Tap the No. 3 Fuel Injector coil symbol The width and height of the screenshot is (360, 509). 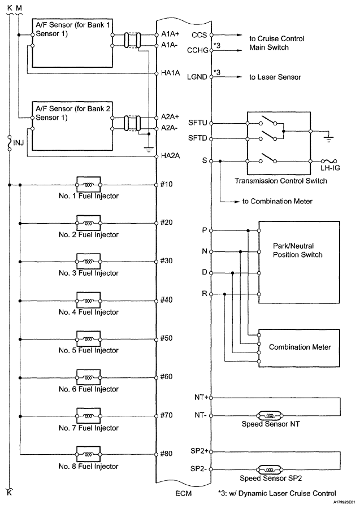click(88, 262)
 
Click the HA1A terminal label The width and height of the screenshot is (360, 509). click(169, 73)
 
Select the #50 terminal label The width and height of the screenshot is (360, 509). click(166, 338)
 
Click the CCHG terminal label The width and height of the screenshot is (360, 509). click(197, 50)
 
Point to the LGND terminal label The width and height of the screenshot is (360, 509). click(198, 76)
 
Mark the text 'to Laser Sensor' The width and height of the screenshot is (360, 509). click(275, 76)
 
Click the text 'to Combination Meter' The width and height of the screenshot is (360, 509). click(274, 201)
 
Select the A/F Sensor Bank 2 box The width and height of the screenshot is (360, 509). click(68, 130)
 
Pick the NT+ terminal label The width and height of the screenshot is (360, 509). click(200, 397)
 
